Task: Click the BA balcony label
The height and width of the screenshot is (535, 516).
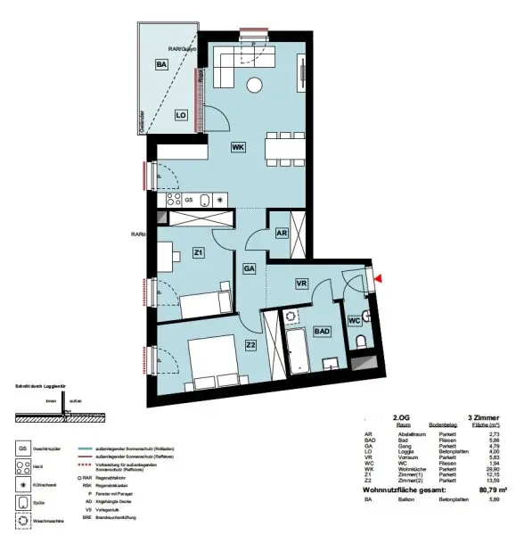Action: click(161, 64)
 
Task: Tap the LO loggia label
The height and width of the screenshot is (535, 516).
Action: click(180, 115)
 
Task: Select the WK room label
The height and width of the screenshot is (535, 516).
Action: click(238, 146)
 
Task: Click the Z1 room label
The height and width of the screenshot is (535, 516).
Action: click(198, 253)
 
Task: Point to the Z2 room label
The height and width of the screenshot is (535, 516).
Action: click(250, 345)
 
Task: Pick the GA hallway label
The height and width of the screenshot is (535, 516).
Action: click(250, 268)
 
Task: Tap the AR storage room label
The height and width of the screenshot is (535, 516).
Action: click(281, 232)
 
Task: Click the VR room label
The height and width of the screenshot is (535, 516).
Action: click(301, 283)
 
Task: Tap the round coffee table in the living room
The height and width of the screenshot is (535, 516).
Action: click(256, 86)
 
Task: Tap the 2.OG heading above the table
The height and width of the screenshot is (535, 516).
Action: click(403, 416)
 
